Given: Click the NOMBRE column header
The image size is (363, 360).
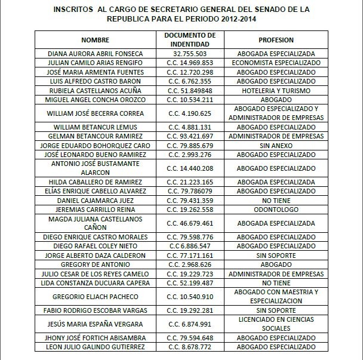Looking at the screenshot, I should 96,40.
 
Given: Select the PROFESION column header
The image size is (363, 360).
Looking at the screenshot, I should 276,40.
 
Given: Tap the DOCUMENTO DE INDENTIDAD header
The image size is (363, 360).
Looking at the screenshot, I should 190,40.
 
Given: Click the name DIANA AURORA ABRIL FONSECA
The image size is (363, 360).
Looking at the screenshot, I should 96,54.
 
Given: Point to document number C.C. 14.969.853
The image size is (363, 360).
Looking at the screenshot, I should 190,63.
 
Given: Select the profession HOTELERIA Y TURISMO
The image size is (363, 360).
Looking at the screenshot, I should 276,90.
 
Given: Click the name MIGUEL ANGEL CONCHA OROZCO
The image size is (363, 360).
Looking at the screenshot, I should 96,99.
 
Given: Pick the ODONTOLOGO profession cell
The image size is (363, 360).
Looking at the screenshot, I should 276,210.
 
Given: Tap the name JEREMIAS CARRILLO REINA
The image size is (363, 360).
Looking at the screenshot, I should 96,210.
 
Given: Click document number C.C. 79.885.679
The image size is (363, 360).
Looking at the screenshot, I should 190,145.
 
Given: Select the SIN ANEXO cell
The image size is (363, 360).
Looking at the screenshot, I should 276,145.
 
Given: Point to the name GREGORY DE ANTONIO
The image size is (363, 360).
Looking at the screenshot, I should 96,264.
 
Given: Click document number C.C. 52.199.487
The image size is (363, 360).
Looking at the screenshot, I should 190,283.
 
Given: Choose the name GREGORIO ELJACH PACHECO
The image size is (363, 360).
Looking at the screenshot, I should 96,297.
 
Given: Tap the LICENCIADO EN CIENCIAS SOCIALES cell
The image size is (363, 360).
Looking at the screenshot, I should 276,324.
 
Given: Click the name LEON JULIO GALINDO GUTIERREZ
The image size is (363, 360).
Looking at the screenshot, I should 96,347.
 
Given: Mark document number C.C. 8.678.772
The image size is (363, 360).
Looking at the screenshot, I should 190,347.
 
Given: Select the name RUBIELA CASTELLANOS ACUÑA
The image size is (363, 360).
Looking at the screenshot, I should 96,90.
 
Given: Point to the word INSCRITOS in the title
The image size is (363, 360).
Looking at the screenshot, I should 73,10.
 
